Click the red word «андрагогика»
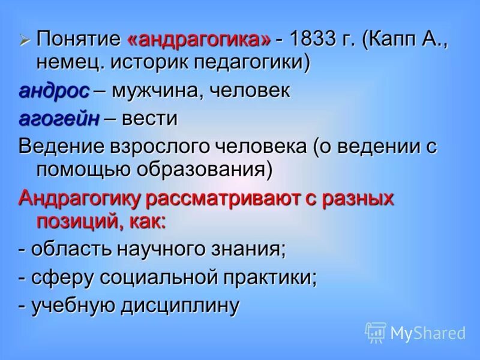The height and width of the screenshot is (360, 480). (x=199, y=40)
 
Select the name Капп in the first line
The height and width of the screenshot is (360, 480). (x=400, y=40)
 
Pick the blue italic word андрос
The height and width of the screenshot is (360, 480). (x=54, y=91)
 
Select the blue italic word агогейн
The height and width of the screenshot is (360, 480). (x=59, y=118)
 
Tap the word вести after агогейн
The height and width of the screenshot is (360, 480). (x=149, y=118)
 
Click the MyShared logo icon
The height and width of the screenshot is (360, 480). (x=376, y=332)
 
